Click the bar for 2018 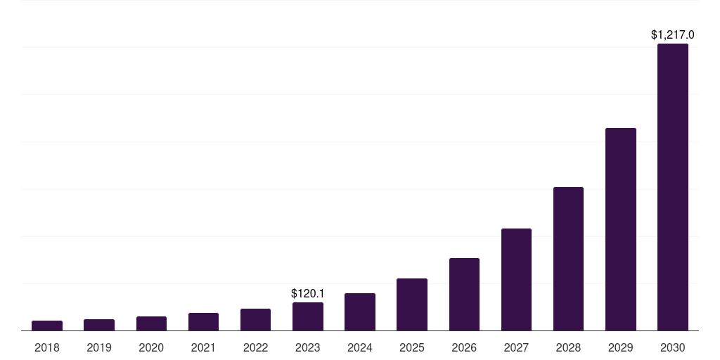(x=47, y=326)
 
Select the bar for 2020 (x=151, y=323)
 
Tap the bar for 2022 (x=255, y=320)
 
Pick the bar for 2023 (x=308, y=316)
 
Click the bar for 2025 (x=412, y=304)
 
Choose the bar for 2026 (x=464, y=294)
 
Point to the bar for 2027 (x=516, y=279)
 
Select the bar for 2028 (x=568, y=259)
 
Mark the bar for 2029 (x=620, y=229)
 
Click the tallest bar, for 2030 (x=673, y=187)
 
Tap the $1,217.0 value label (x=673, y=34)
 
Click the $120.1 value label (x=308, y=293)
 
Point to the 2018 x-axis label (x=47, y=347)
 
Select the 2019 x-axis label (x=99, y=347)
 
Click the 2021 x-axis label (x=203, y=347)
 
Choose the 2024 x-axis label (x=360, y=347)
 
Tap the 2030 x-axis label (x=673, y=347)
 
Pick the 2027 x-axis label (x=516, y=347)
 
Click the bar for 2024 (x=360, y=312)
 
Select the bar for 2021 (x=203, y=322)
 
